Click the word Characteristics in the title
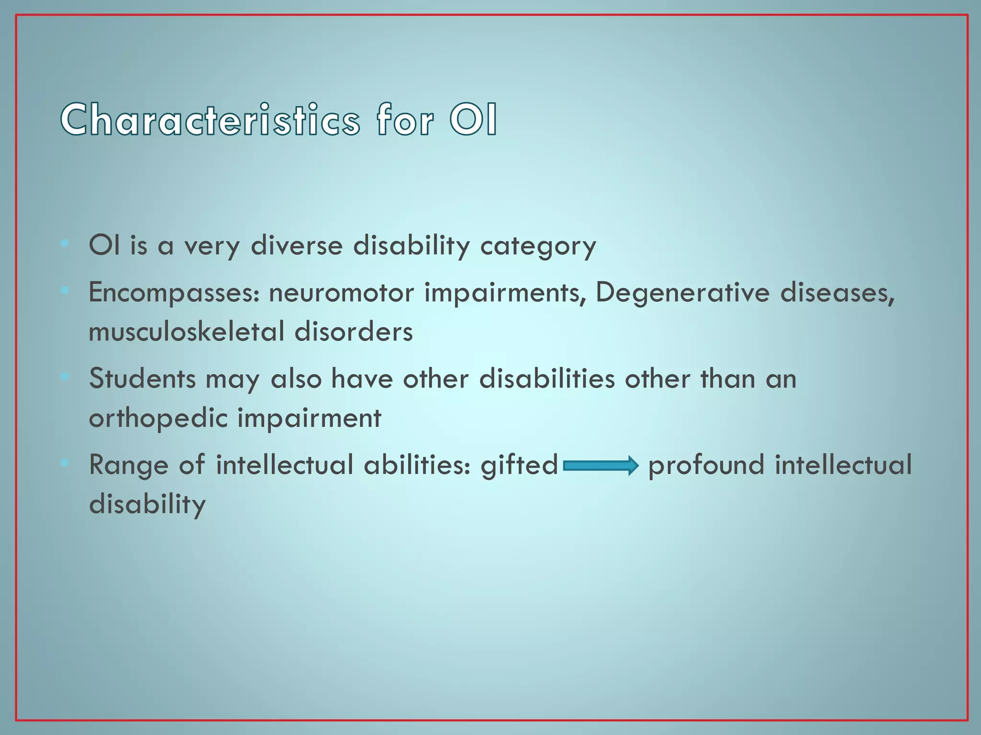(210, 120)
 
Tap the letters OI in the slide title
(473, 120)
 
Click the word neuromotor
(341, 293)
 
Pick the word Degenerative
(682, 293)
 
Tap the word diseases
(837, 293)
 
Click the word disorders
(353, 332)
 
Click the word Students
(142, 379)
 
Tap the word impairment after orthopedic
(309, 418)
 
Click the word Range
(128, 465)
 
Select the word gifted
(519, 465)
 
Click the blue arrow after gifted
(601, 465)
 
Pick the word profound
(706, 465)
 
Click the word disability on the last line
(147, 504)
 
